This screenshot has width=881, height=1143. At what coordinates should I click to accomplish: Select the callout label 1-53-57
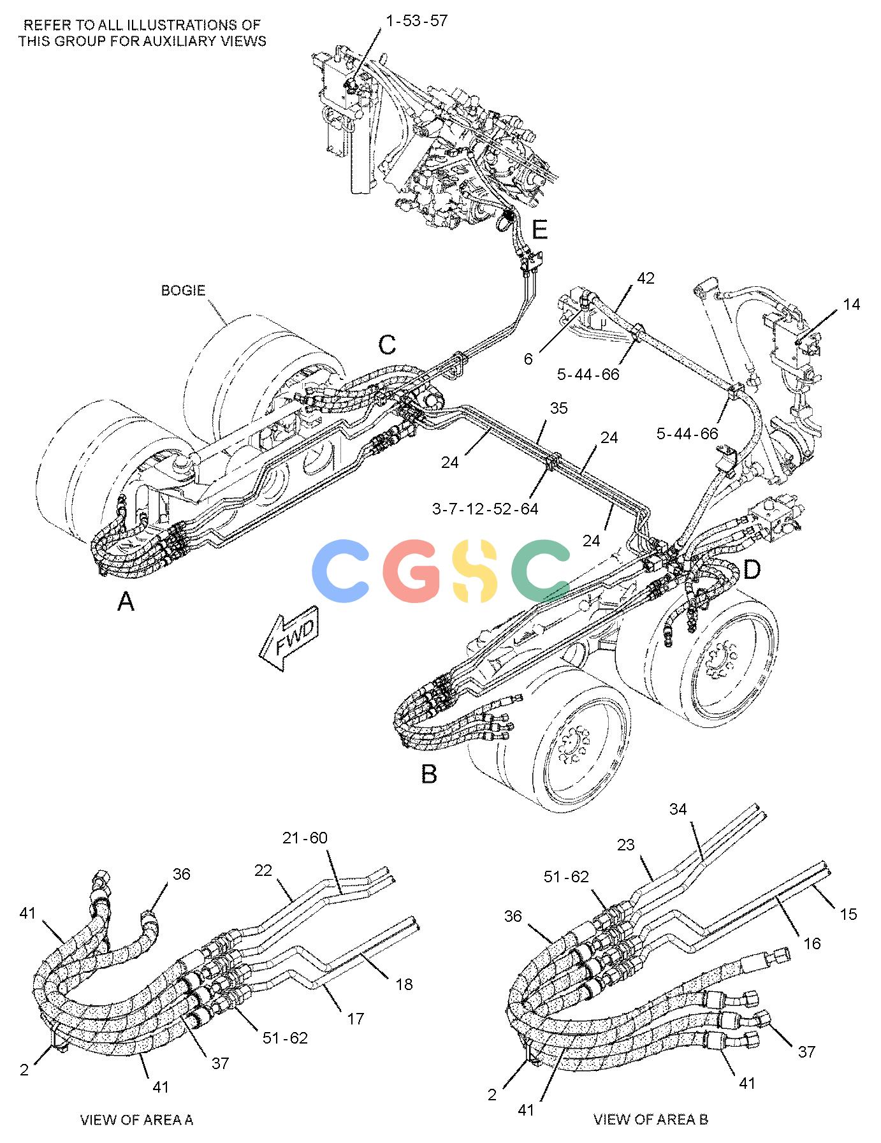coord(417,20)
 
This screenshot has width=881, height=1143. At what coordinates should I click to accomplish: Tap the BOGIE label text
coord(183,291)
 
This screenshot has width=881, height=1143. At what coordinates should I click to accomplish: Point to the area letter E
coord(540,229)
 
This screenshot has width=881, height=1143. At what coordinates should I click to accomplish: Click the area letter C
coord(387,345)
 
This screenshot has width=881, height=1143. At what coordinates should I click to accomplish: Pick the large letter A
coord(126,601)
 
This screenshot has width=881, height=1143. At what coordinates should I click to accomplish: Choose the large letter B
coord(429,774)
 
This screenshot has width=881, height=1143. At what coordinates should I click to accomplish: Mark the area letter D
coord(752,569)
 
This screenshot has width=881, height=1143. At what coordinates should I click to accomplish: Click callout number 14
coord(851,305)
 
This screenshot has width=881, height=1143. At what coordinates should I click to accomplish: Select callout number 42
coord(646,278)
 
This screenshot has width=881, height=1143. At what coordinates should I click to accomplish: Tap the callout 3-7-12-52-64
coord(485,509)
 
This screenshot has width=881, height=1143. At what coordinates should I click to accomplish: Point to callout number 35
coord(558,408)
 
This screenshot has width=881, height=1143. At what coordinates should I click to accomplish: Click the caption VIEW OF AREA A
coord(136,1119)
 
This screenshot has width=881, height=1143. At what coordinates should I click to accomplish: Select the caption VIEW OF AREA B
coord(650,1119)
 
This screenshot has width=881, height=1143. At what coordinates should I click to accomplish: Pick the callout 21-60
coord(305,838)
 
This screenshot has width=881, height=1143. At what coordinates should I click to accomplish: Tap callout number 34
coord(678,809)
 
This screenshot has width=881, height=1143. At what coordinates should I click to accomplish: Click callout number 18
coord(404,984)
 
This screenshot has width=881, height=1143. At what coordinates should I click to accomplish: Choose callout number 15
coord(848,914)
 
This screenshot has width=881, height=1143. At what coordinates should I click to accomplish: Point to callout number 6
coord(528,359)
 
